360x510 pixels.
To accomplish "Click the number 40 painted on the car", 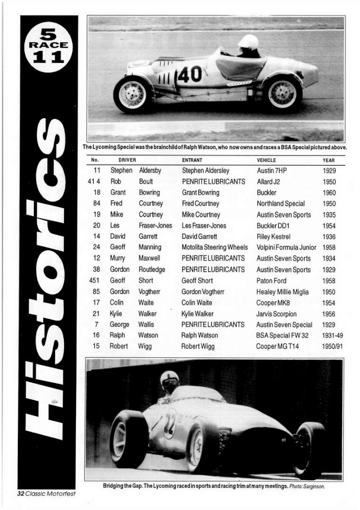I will coord(190,75).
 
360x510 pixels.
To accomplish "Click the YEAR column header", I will coord(328,160).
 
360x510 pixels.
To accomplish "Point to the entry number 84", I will coord(97,204).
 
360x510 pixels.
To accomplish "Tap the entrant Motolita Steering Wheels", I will coord(215,247).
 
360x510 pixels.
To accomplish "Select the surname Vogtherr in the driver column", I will coord(150,292).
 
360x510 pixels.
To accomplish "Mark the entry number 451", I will coord(94,280).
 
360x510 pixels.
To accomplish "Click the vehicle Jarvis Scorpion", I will coord(276,314).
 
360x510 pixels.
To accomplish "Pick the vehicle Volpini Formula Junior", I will coord(286,247).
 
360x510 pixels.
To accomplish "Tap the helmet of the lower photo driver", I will coord(170,379).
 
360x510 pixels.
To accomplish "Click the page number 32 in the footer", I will coord(21,493).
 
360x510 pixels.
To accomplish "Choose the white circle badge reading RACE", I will coord(49,46).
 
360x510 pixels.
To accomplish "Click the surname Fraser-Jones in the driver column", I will coord(155,226).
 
